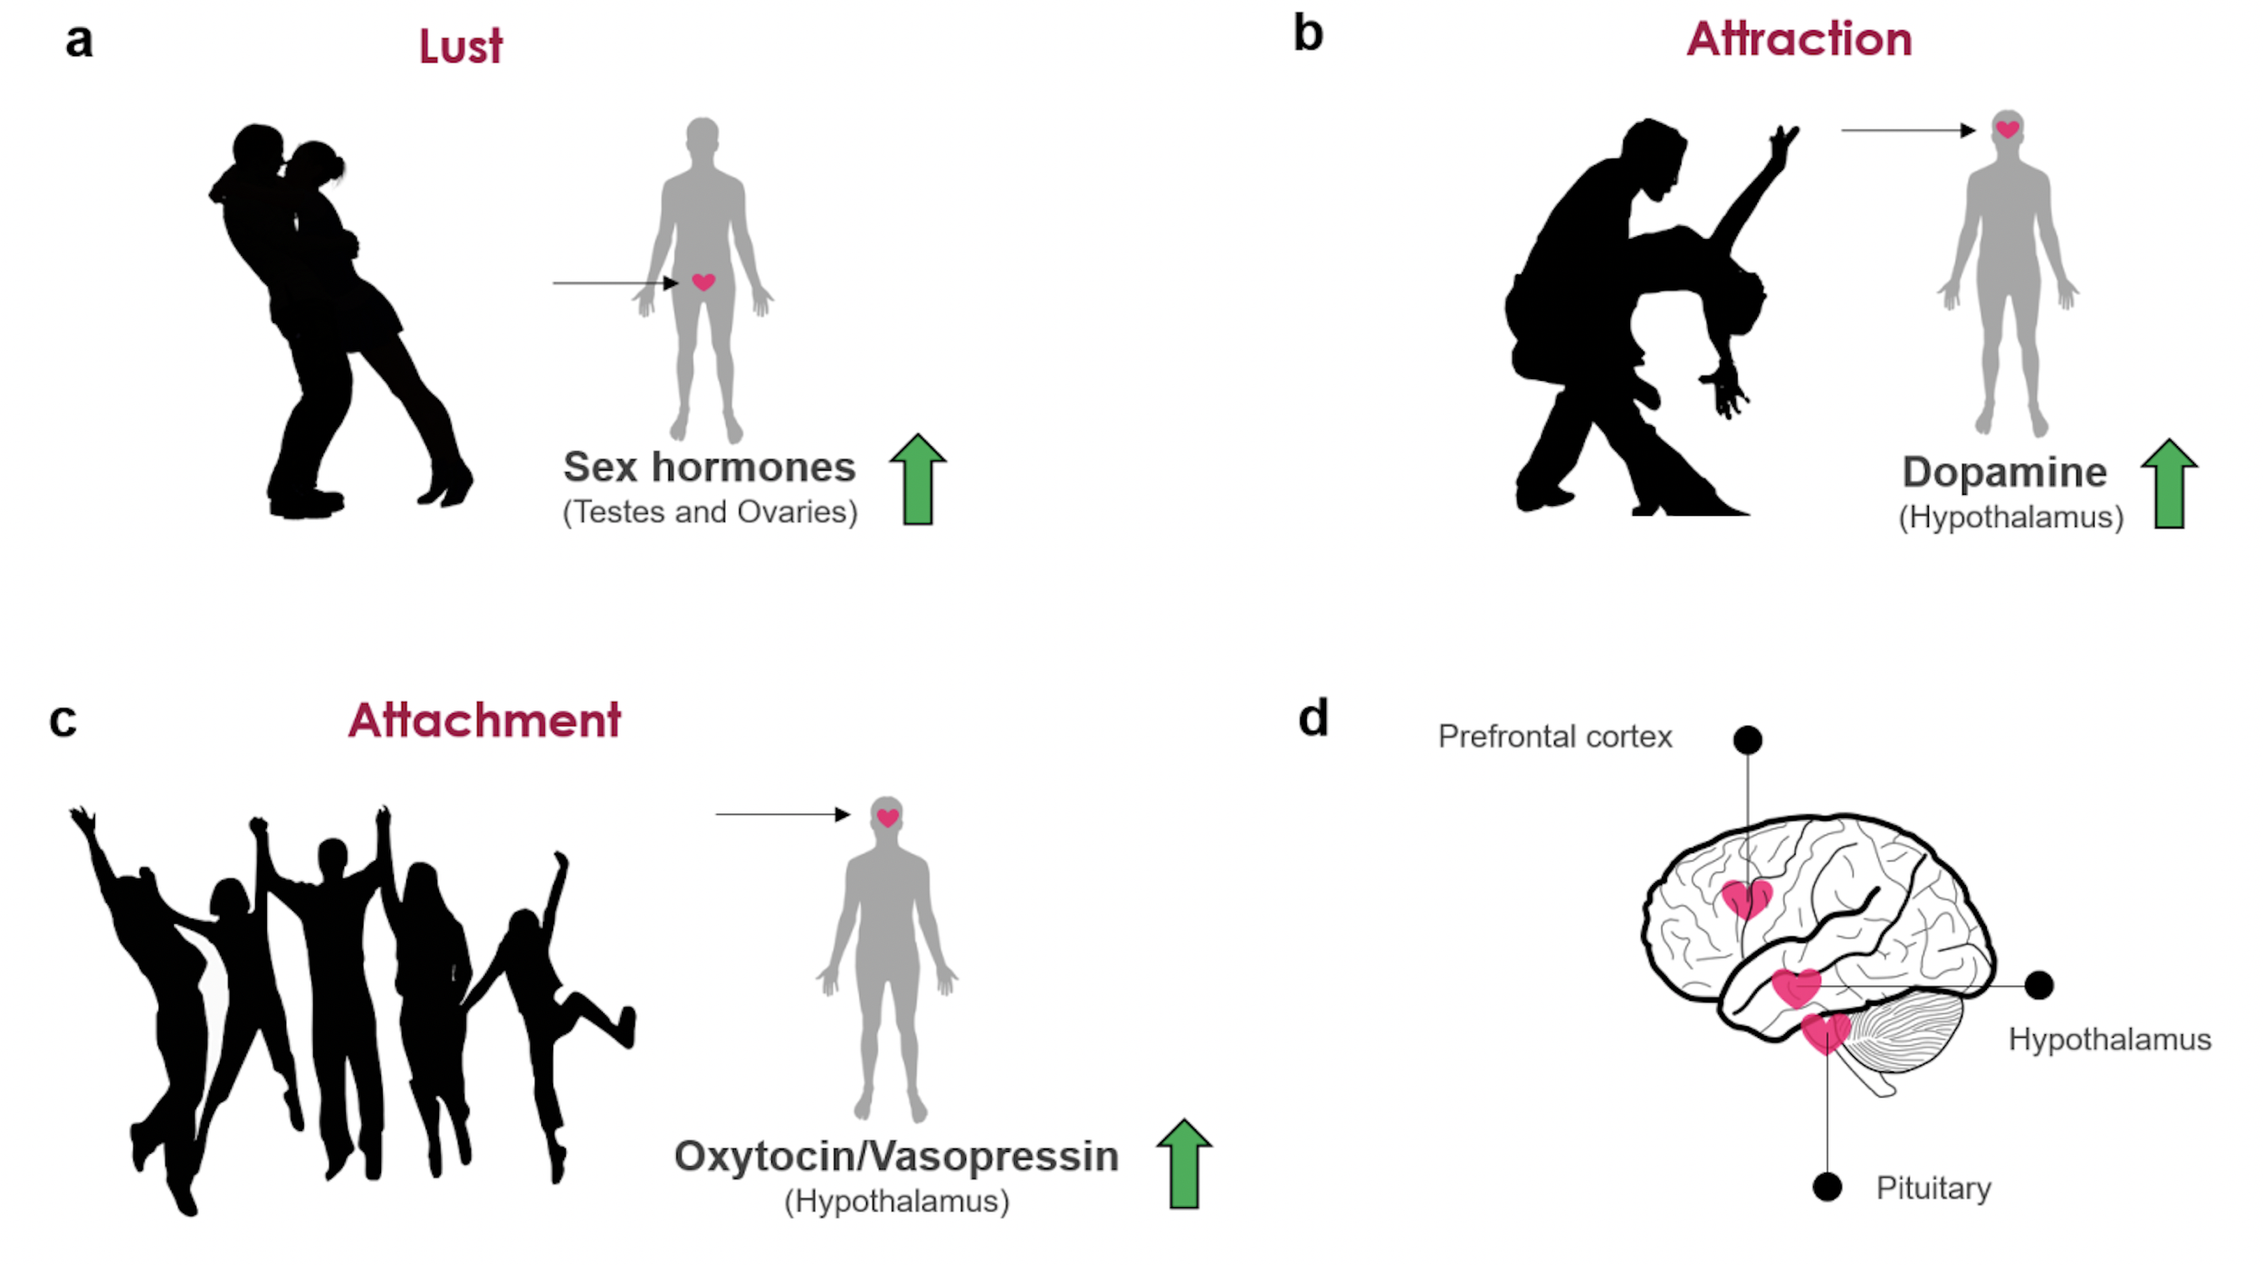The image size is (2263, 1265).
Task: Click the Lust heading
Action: [x=460, y=46]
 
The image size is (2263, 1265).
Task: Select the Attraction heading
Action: [x=1799, y=40]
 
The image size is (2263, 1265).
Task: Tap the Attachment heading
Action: [x=484, y=720]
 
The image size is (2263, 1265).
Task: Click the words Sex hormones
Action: [x=709, y=468]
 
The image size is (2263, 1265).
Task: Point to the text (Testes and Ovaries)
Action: [x=710, y=512]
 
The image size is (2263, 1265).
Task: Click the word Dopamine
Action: [x=2004, y=472]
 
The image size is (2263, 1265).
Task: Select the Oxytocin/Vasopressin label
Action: [x=896, y=1156]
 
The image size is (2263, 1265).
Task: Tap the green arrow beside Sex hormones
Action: [x=918, y=480]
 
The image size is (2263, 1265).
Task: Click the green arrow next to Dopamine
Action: [x=2169, y=484]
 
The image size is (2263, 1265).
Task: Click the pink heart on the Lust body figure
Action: [x=703, y=282]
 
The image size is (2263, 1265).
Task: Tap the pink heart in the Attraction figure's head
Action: [x=2007, y=128]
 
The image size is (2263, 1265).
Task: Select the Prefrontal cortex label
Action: [x=1554, y=737]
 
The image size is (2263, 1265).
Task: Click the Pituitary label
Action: [x=1933, y=1187]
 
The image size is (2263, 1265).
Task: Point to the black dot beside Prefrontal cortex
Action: [x=1747, y=740]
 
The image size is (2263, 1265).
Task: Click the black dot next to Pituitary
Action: [x=1827, y=1186]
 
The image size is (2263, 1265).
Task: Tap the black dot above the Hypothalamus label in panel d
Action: [x=2039, y=984]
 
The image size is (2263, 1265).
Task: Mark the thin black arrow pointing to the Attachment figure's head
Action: [x=782, y=814]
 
